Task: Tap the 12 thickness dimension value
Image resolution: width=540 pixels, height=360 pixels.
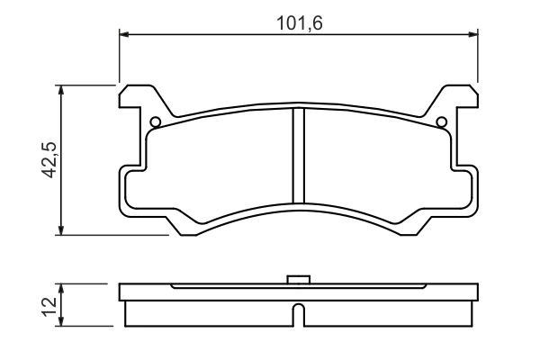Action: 50,306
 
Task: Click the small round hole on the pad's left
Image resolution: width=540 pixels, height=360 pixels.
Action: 155,122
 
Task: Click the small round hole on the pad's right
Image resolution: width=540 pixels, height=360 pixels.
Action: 441,122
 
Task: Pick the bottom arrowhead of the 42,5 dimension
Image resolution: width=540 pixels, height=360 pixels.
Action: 62,229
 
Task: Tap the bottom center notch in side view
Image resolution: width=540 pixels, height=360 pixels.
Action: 298,315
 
